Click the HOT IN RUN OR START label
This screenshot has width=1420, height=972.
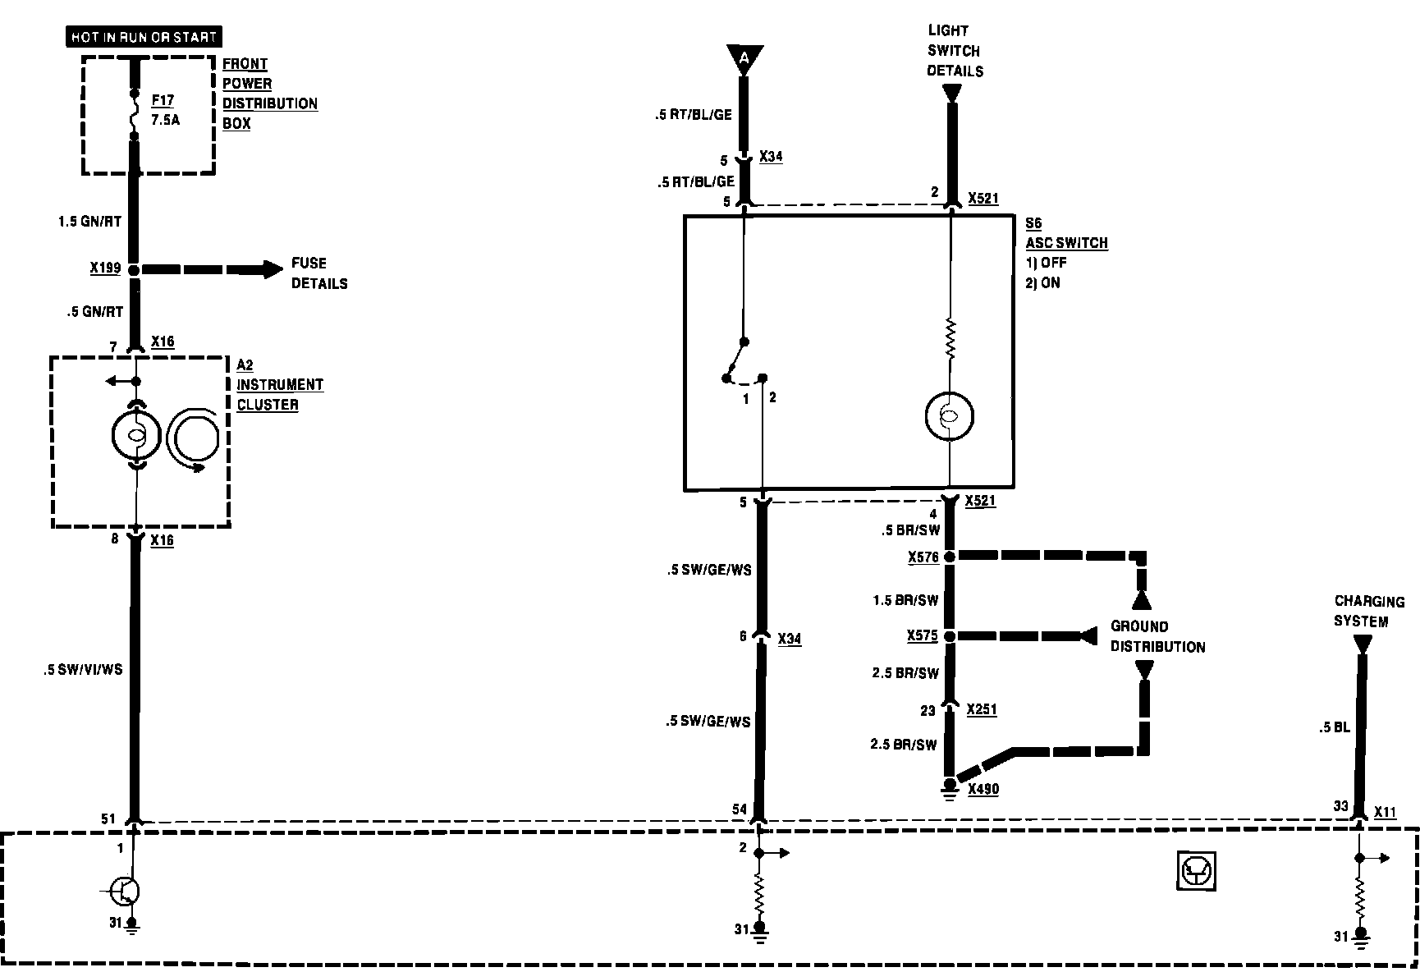point(144,37)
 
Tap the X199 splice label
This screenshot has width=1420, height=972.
point(105,268)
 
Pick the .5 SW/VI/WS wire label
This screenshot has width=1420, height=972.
point(83,670)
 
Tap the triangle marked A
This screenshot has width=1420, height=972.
point(744,57)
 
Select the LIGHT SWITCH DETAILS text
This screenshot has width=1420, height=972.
point(955,51)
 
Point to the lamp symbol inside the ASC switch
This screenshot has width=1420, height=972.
point(949,416)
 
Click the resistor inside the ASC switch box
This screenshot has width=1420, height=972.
point(950,338)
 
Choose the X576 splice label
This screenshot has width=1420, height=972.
point(923,557)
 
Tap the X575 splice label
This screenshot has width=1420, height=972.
point(923,636)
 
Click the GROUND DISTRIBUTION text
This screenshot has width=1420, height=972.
point(1157,636)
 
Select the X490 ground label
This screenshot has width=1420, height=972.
point(983,789)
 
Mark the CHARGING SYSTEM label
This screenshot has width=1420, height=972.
point(1368,611)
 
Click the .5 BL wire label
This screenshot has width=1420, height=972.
point(1334,727)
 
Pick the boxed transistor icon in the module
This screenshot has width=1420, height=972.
point(1196,870)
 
